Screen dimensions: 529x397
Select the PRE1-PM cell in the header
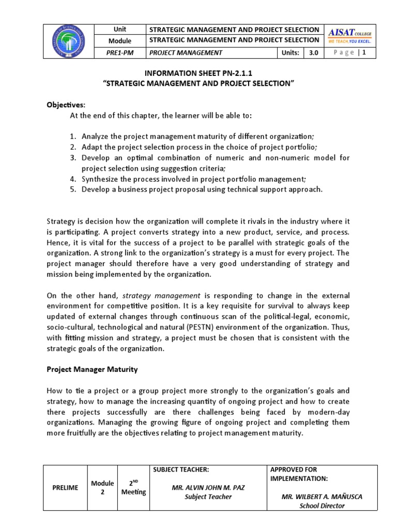[x=120, y=52]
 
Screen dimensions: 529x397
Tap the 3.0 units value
[x=313, y=52]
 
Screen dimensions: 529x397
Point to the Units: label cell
[x=291, y=52]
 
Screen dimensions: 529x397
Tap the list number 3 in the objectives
[x=73, y=158]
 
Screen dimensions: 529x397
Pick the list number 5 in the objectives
[x=73, y=189]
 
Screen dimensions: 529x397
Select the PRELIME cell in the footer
[x=66, y=488]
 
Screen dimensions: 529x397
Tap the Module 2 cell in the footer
[x=102, y=488]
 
